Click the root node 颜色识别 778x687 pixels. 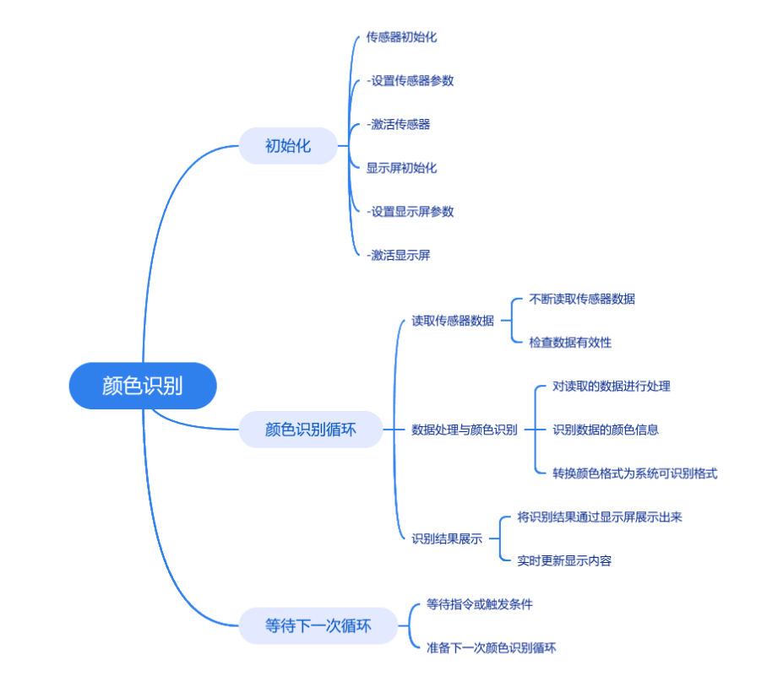[x=143, y=386]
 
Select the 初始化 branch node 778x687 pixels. [x=288, y=146]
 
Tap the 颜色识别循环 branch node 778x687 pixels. [x=311, y=430]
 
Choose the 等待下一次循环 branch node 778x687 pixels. [x=318, y=625]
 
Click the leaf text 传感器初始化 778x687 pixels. [x=401, y=37]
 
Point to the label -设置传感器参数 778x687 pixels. [x=410, y=80]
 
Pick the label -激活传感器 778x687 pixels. [x=398, y=124]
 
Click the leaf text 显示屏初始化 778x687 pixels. [x=401, y=168]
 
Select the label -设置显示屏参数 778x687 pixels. [x=410, y=212]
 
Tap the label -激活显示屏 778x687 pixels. [x=398, y=255]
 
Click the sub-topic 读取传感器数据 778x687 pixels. [x=453, y=321]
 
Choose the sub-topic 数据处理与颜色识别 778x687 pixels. [x=465, y=430]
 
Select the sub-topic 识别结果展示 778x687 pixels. [x=447, y=538]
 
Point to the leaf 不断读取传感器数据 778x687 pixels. [x=582, y=299]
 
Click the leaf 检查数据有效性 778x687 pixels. [x=570, y=343]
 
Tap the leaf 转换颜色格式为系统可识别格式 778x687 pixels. [x=635, y=473]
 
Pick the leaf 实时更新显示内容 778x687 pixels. [x=564, y=560]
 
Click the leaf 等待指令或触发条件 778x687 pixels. [x=479, y=604]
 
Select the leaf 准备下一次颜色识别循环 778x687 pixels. [x=491, y=648]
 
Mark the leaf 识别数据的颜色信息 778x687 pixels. [x=606, y=430]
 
